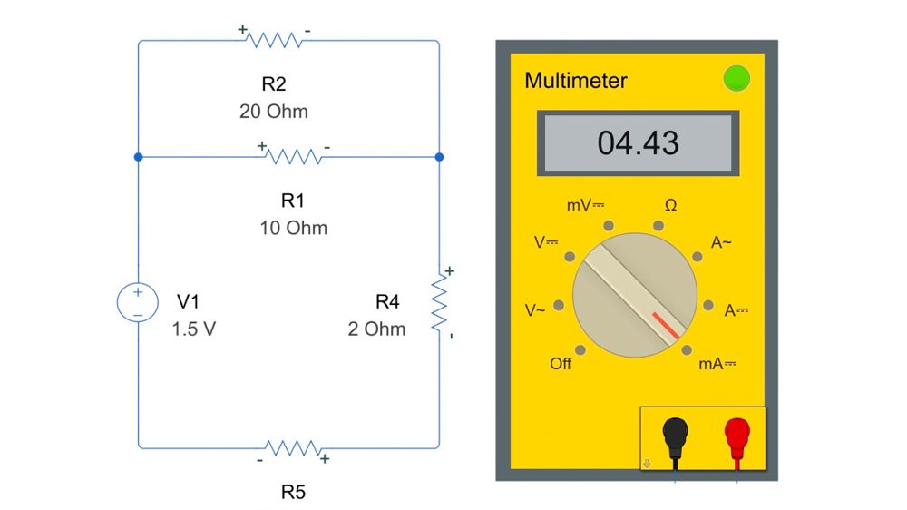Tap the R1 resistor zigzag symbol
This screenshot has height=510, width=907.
293,157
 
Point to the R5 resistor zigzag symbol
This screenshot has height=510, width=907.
292,447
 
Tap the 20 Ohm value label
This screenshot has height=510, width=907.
274,112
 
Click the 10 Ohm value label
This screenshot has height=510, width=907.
293,227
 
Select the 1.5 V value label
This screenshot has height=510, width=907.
194,329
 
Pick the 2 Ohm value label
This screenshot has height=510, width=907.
376,329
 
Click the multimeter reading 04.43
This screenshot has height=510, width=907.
638,142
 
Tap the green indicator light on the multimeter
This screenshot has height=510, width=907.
736,79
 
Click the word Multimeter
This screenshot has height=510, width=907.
576,80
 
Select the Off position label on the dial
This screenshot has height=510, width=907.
561,364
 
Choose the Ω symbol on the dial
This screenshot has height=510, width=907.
670,206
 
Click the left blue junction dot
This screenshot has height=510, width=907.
138,157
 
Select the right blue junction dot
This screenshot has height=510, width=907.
440,157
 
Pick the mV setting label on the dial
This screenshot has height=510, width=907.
585,206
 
